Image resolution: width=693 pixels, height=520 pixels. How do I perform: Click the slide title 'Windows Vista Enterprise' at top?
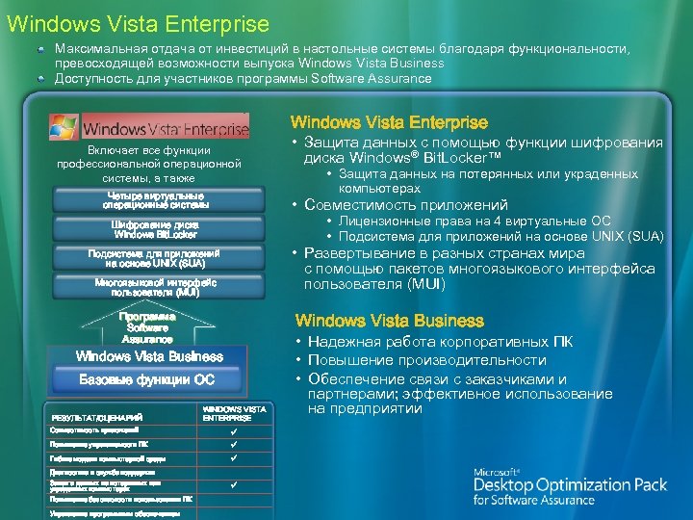[137, 20]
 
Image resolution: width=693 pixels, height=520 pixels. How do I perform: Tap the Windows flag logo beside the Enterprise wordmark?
[64, 126]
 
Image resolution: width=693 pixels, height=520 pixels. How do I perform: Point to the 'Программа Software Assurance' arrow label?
[147, 327]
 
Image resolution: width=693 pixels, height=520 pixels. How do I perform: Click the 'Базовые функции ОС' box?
[146, 379]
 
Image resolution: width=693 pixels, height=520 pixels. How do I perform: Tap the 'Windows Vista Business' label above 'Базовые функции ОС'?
[149, 356]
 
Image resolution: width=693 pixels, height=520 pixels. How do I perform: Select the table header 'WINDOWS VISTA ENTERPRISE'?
[234, 414]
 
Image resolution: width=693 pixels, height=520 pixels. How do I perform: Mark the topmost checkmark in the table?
[233, 430]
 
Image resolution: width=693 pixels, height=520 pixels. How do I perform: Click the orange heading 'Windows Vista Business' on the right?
[389, 321]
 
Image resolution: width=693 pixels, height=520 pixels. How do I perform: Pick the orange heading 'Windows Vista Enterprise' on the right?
[389, 122]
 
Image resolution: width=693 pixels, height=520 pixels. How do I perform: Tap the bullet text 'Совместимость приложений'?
[405, 204]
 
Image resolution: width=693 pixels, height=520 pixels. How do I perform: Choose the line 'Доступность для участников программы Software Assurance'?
[244, 78]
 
